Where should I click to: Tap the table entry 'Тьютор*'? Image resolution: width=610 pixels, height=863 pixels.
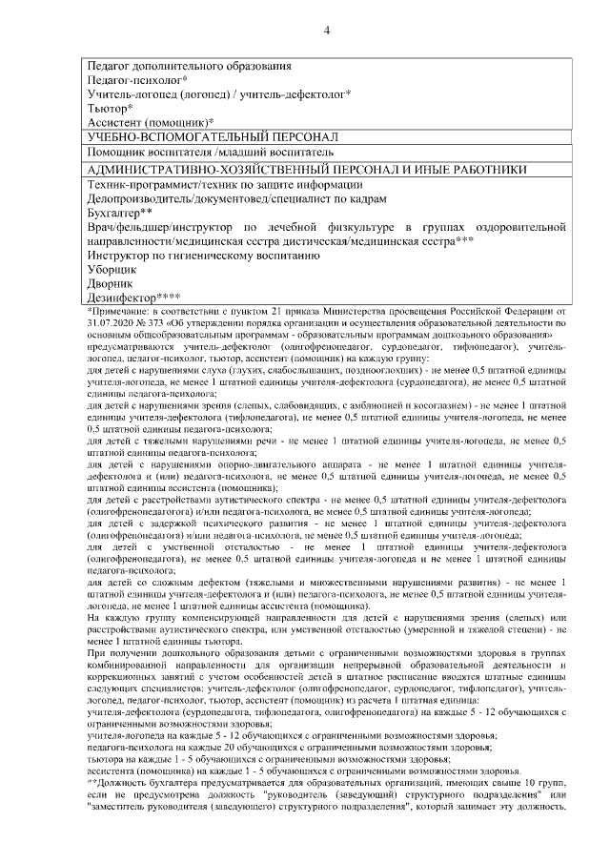point(110,109)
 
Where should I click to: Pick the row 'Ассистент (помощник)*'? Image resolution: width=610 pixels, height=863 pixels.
point(150,123)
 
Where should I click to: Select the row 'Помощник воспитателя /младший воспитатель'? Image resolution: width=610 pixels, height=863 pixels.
point(210,153)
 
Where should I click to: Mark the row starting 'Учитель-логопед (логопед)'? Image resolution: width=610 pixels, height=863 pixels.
point(219,94)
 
